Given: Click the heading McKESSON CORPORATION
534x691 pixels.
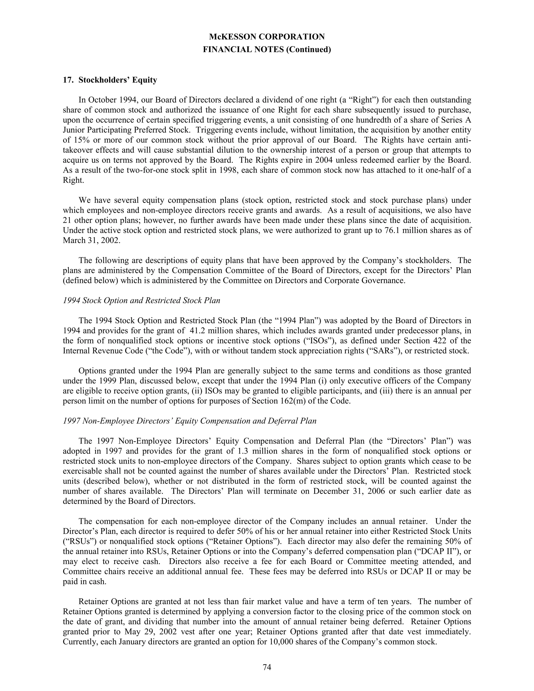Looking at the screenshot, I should (267, 37).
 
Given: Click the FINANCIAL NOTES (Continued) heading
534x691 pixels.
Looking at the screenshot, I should (267, 50).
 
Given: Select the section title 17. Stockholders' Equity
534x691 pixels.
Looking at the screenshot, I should (110, 80).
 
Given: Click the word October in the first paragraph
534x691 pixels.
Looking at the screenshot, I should (102, 100).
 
